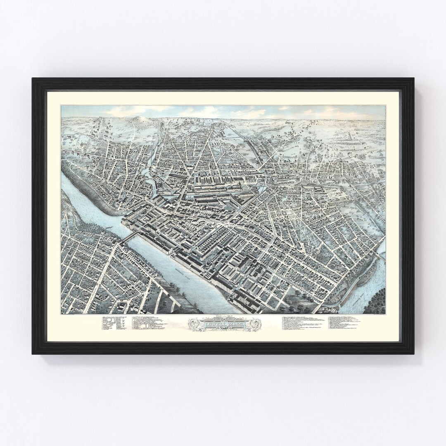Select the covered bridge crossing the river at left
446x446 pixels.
[130, 237]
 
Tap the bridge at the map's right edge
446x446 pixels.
[381, 256]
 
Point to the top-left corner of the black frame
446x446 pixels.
[33, 79]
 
